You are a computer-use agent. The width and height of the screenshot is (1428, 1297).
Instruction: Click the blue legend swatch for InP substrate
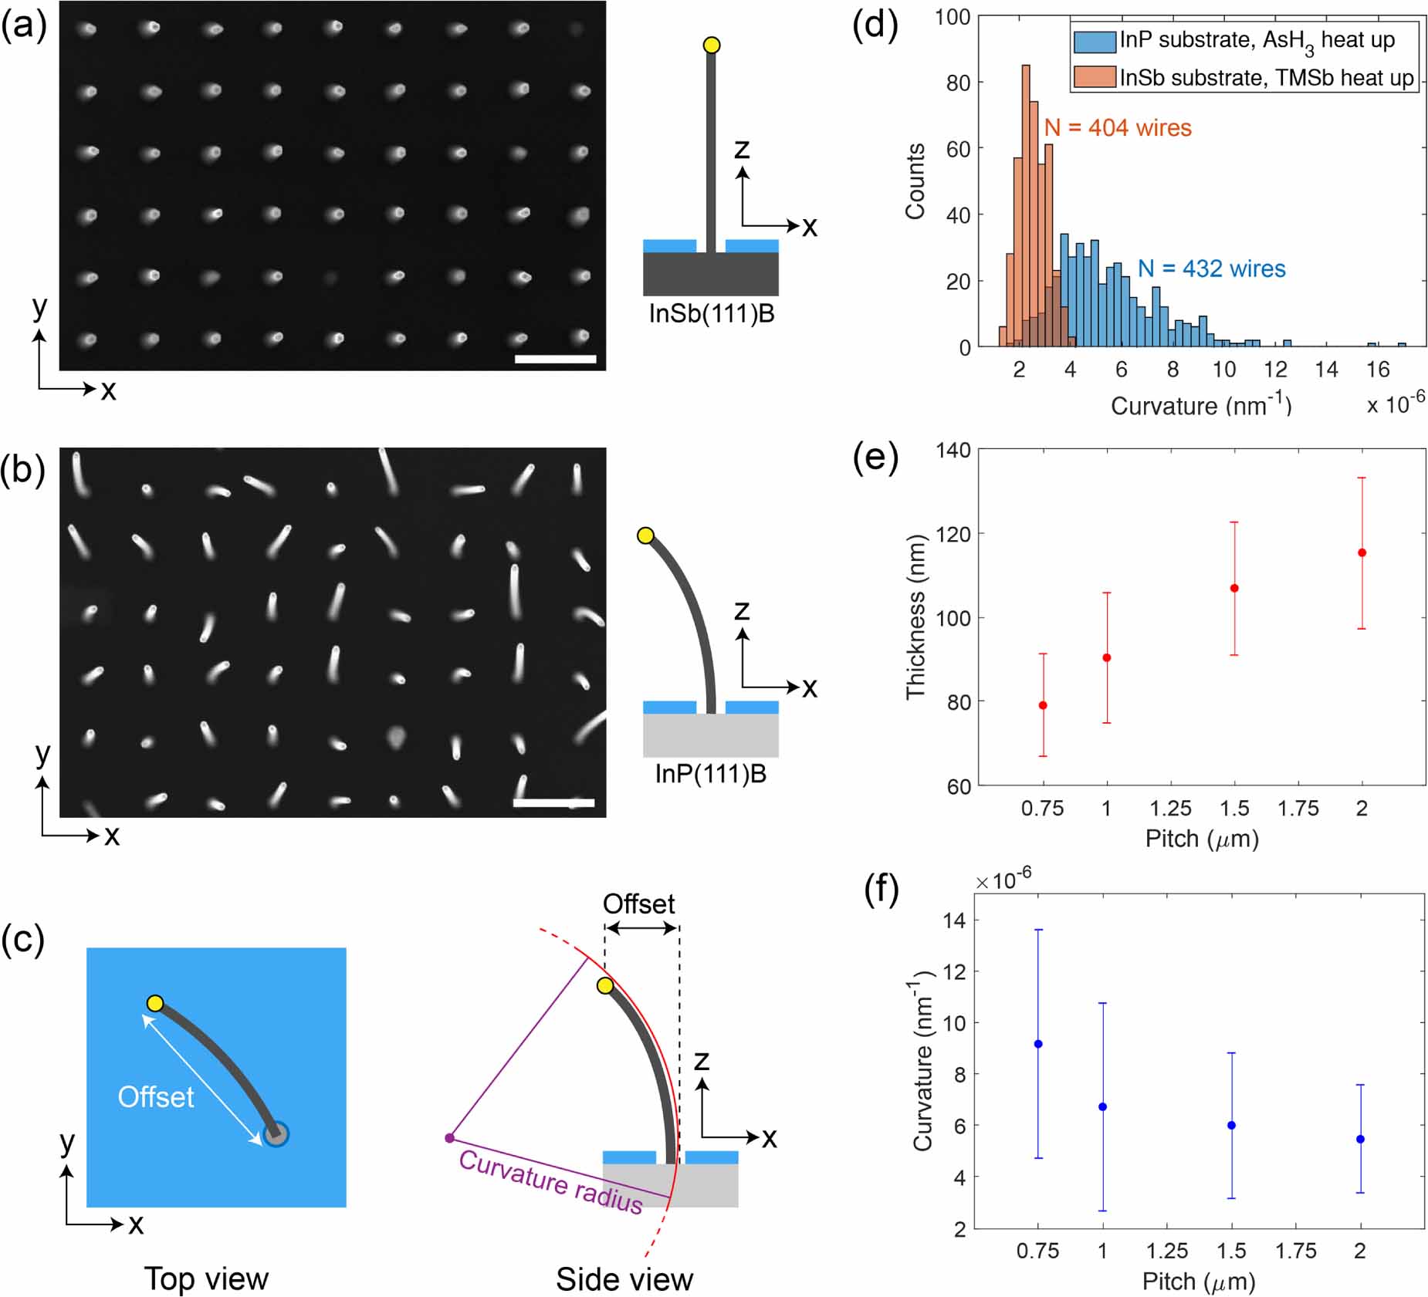[x=1095, y=41]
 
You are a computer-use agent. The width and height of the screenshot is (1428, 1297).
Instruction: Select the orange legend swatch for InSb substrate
[x=1095, y=77]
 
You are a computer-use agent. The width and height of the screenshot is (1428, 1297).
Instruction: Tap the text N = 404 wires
[x=1117, y=127]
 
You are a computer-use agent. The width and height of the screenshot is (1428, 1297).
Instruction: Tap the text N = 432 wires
[x=1211, y=269]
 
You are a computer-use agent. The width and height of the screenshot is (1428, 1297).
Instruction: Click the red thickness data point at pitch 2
[x=1362, y=552]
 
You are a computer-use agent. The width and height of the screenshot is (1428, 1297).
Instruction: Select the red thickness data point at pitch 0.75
[x=1043, y=705]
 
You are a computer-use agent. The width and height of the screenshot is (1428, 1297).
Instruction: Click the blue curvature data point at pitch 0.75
[x=1038, y=1044]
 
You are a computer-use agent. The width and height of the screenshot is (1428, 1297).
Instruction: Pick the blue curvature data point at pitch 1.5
[x=1231, y=1125]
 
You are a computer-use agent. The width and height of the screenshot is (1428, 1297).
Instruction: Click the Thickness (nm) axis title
[x=915, y=617]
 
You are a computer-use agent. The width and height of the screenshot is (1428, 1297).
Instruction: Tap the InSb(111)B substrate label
[x=711, y=314]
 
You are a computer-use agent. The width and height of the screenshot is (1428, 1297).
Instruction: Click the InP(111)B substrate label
[x=710, y=774]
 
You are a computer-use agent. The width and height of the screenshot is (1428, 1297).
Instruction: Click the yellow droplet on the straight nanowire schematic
[x=712, y=46]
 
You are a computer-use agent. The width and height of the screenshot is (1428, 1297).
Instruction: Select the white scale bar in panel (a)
[x=555, y=359]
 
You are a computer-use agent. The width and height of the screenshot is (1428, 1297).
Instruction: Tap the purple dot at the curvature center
[x=449, y=1138]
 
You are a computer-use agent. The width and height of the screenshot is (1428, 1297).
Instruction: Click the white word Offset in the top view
[x=156, y=1096]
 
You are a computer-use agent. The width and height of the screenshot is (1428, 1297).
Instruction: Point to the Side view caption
[x=624, y=1279]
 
